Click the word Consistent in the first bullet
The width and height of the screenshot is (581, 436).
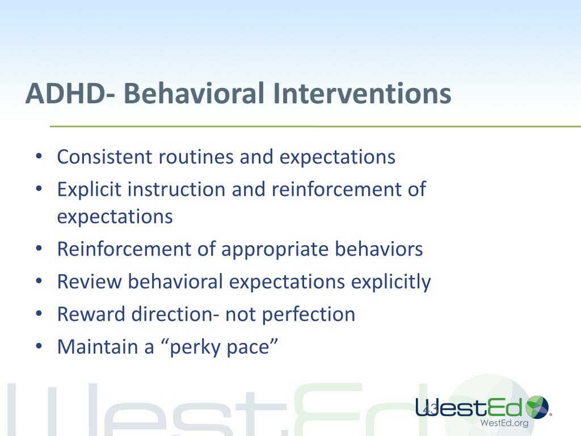104,157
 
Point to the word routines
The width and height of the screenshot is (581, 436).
196,157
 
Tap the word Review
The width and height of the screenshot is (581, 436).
89,282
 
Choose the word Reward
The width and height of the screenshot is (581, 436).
91,315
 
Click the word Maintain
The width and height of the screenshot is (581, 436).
98,347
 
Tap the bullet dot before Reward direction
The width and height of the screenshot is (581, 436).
39,313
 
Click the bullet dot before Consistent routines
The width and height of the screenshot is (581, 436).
39,157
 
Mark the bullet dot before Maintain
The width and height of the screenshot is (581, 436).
39,346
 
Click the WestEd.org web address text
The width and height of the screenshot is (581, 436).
504,423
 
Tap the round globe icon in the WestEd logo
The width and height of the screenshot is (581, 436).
537,407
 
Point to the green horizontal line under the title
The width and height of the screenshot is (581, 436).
315,127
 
